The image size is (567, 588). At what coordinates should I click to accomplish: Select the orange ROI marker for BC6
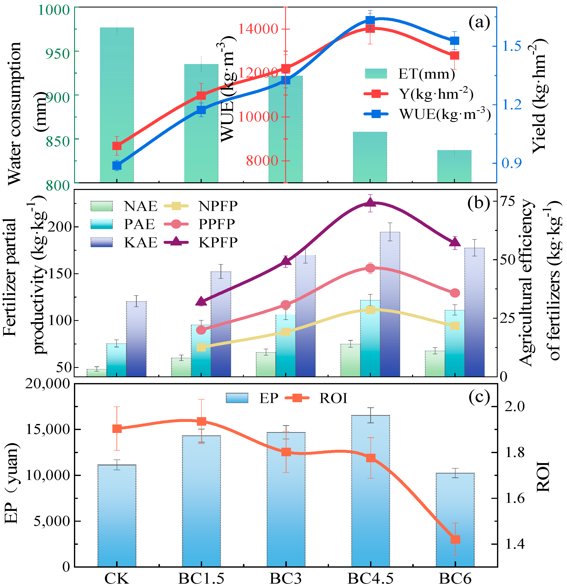[455, 539]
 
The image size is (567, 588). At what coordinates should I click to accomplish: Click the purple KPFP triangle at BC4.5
[370, 202]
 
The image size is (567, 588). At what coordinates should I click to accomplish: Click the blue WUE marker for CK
[117, 166]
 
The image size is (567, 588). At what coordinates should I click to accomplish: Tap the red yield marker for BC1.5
[201, 95]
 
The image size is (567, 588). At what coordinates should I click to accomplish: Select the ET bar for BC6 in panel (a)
[454, 166]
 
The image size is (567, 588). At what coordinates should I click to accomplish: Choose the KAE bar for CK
[136, 339]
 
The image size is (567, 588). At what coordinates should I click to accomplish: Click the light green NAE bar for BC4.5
[350, 360]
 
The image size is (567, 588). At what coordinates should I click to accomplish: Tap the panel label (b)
[479, 203]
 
